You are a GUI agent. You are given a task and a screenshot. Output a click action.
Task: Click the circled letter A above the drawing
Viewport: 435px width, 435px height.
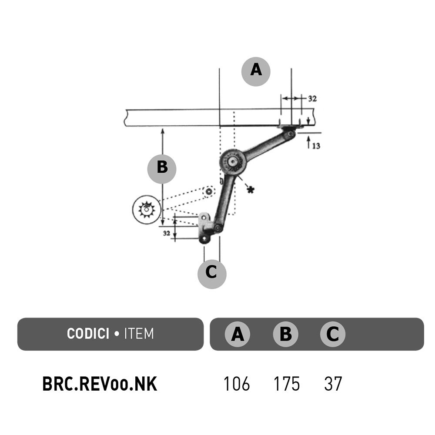pyautogui.click(x=256, y=72)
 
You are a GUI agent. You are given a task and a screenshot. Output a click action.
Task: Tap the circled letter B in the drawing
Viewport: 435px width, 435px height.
pyautogui.click(x=162, y=169)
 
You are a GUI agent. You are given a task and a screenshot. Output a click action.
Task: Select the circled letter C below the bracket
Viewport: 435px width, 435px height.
pyautogui.click(x=212, y=274)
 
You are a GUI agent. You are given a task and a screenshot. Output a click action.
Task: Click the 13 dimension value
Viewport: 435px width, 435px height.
pyautogui.click(x=316, y=146)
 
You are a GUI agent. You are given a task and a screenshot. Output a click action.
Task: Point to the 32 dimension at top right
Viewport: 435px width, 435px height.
pyautogui.click(x=312, y=98)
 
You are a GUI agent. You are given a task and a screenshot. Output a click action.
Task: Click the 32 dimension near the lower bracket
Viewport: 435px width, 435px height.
pyautogui.click(x=167, y=233)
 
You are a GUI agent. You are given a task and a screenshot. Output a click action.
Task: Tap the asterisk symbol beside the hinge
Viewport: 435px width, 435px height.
pyautogui.click(x=251, y=190)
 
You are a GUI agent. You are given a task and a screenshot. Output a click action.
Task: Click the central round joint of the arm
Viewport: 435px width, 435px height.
pyautogui.click(x=233, y=161)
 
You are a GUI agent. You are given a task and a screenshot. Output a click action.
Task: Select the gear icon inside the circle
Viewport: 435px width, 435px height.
pyautogui.click(x=146, y=210)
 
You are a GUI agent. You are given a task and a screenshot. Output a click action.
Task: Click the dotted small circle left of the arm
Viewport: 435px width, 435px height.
pyautogui.click(x=209, y=191)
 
